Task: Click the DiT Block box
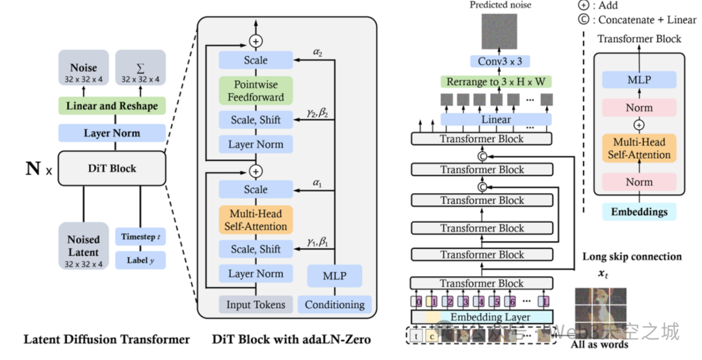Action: click(x=112, y=168)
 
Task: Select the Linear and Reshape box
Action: click(x=112, y=105)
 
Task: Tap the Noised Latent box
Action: click(x=83, y=246)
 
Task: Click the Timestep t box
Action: click(x=140, y=237)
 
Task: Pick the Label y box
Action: click(x=140, y=261)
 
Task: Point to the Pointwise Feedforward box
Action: click(x=255, y=90)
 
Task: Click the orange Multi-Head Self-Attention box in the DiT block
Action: click(x=255, y=220)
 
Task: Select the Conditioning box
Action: click(x=335, y=304)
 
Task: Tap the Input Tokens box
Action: click(x=255, y=304)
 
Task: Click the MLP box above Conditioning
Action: click(x=335, y=276)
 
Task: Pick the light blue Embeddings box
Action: click(x=639, y=212)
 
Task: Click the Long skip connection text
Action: click(x=632, y=257)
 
